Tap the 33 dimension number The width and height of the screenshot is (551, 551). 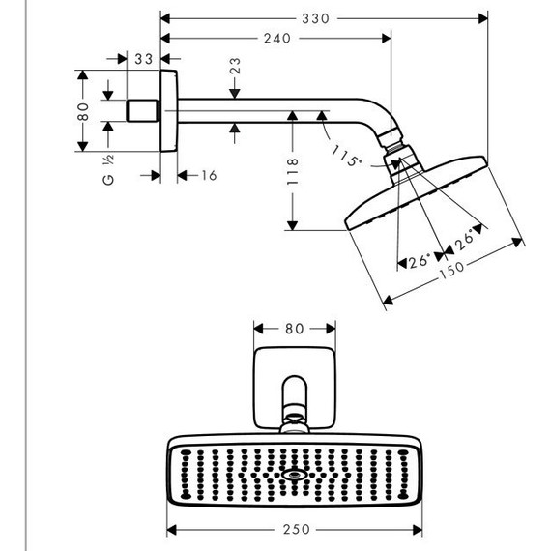144,60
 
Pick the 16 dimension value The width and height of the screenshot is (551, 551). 208,175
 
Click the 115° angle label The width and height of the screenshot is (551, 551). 347,157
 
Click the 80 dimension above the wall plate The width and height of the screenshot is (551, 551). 294,328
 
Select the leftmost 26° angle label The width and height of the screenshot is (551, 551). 417,261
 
